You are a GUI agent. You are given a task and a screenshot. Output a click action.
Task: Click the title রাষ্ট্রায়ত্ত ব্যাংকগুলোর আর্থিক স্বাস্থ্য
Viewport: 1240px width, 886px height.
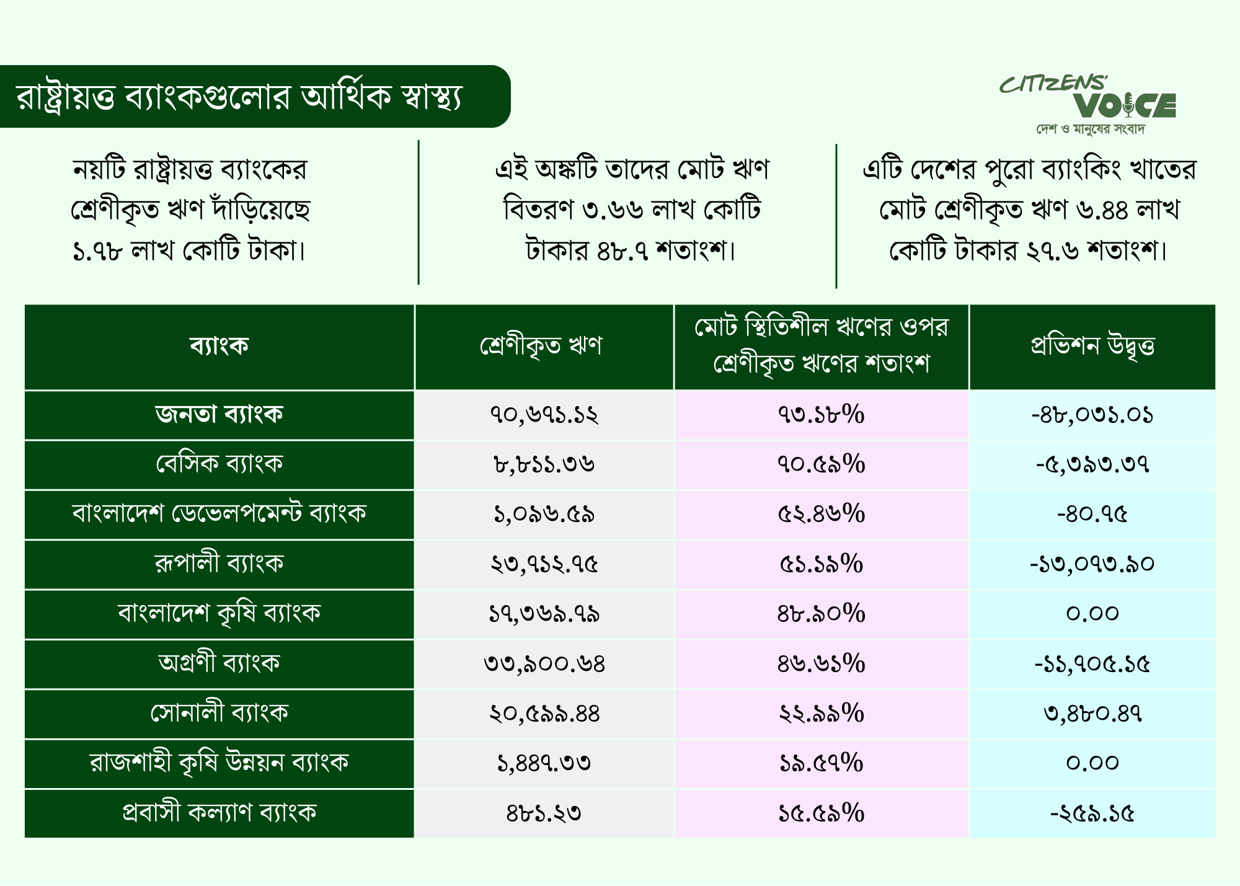[239, 97]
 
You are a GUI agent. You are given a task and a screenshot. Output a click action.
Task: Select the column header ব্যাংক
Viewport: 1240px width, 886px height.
[219, 345]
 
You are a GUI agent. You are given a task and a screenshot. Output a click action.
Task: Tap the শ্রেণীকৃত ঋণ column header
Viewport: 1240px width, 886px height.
[541, 346]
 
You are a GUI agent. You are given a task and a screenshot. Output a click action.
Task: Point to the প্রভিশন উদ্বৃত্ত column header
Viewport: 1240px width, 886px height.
[1092, 346]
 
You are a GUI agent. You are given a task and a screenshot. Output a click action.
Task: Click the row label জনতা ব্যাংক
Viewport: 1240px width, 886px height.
[219, 414]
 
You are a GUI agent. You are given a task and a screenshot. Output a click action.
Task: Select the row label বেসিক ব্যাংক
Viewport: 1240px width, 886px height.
[219, 464]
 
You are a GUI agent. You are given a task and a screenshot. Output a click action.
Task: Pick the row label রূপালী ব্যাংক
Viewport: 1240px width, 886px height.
[219, 563]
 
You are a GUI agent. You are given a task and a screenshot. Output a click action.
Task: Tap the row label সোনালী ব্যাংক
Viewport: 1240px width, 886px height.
[219, 712]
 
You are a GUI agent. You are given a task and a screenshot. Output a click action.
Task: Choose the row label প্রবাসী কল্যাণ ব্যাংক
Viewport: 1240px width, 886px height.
[219, 812]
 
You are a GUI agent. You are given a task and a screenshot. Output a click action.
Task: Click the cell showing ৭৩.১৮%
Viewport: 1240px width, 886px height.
[821, 414]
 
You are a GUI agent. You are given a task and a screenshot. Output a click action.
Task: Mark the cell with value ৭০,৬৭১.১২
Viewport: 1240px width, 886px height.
[544, 415]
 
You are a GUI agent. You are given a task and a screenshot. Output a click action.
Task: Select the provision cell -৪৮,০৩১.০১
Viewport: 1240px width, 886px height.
[1092, 415]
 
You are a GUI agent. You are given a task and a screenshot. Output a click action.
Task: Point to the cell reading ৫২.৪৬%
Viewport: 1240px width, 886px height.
[821, 514]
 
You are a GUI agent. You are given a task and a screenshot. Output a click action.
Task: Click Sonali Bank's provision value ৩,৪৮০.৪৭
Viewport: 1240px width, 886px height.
[1092, 714]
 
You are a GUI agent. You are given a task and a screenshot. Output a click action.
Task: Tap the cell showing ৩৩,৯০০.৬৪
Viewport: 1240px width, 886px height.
[544, 664]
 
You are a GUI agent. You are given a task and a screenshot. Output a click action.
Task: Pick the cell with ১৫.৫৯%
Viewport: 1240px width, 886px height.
[821, 813]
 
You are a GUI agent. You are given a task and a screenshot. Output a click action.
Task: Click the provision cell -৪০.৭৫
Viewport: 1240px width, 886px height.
[1092, 514]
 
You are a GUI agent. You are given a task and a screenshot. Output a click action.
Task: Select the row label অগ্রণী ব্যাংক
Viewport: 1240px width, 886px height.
[219, 663]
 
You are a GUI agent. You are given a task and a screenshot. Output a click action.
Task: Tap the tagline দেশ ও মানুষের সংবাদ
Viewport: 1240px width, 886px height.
[1091, 129]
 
